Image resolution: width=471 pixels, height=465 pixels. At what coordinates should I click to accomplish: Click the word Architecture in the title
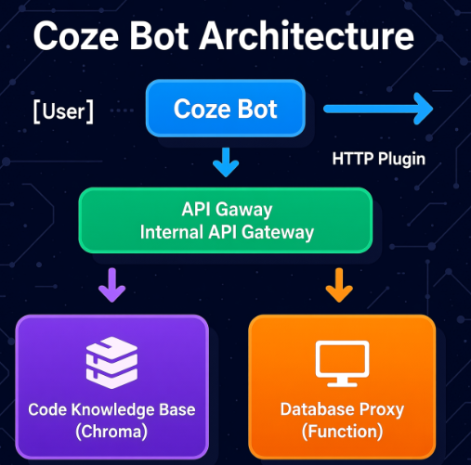pos(307,35)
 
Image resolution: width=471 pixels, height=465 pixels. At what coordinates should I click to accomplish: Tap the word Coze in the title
pos(76,36)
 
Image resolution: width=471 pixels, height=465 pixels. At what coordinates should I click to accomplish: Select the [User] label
pos(63,111)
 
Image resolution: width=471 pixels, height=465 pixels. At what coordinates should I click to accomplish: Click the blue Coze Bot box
pos(226,109)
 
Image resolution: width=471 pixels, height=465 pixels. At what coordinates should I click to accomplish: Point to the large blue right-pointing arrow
pos(378,109)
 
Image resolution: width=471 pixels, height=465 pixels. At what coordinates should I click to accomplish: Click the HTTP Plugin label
pos(379,159)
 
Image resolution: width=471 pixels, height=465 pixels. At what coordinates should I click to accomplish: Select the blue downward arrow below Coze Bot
pos(226,162)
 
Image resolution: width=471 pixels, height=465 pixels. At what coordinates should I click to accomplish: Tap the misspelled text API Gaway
pos(227,210)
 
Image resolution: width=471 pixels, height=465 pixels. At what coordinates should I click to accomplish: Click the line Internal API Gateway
pos(227,232)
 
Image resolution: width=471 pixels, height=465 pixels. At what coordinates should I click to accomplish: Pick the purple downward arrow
pos(111,285)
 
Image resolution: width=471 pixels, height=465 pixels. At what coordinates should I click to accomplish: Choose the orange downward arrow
pos(339,285)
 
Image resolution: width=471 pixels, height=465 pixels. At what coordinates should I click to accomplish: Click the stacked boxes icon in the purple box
pos(111,363)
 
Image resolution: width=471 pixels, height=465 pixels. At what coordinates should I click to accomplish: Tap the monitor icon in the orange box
pos(342,364)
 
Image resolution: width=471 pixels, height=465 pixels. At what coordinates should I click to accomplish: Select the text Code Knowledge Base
pos(111,410)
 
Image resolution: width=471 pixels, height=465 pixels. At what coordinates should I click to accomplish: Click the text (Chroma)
pos(111,432)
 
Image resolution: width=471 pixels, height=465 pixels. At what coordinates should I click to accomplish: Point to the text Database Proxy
pos(342,410)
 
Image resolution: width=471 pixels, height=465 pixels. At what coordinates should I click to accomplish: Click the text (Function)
pos(342,432)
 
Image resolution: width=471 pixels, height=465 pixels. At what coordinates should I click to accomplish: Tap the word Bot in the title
pos(159,35)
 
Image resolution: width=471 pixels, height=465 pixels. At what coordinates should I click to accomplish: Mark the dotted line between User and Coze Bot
pos(122,110)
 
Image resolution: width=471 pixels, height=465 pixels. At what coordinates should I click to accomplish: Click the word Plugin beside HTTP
pos(402,159)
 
